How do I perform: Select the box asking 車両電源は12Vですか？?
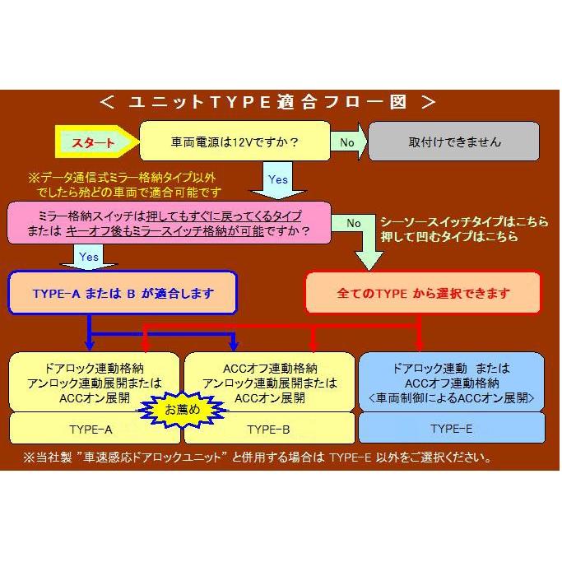tap(235, 142)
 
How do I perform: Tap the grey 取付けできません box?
tap(453, 142)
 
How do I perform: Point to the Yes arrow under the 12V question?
tap(278, 180)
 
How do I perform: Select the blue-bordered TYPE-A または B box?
tap(123, 293)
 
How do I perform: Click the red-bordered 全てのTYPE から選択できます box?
tap(423, 293)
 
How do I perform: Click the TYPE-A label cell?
tap(92, 429)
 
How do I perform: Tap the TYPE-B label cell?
tap(268, 429)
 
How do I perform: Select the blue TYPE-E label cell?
tap(452, 429)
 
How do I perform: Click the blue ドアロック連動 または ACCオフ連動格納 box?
tap(452, 382)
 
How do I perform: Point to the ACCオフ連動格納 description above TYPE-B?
tap(269, 382)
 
